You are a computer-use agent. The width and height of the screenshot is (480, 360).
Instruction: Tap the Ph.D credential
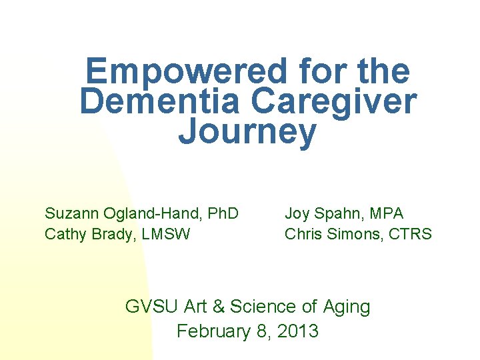click(223, 214)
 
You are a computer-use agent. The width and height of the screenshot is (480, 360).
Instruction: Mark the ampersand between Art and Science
click(218, 307)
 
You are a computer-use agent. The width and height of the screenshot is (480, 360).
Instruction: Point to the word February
click(214, 331)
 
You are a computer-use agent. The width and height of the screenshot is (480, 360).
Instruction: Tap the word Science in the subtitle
click(263, 307)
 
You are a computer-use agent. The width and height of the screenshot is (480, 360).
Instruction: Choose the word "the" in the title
click(385, 71)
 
